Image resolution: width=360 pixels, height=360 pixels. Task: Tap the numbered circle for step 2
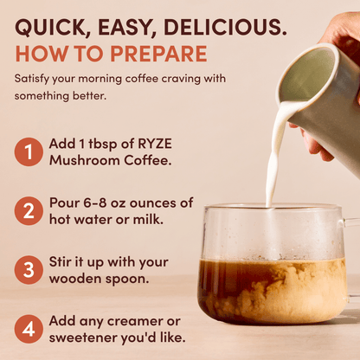coord(29,210)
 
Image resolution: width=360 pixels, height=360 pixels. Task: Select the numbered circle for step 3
coord(29,269)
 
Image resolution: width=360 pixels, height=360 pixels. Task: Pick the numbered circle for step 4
coord(29,328)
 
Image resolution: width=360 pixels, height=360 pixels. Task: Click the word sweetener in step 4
coord(84,337)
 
